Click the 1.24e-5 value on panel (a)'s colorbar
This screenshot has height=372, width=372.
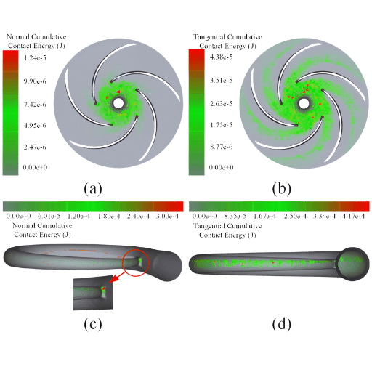click(35, 58)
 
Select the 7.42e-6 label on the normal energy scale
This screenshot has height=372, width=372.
click(35, 105)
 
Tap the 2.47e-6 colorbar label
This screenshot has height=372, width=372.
click(35, 147)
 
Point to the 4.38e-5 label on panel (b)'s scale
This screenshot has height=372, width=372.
click(221, 57)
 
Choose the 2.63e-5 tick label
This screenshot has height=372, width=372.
click(221, 104)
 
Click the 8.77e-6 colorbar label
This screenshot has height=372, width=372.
click(221, 147)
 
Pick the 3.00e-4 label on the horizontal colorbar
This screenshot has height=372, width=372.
click(167, 216)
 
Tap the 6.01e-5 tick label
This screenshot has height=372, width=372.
click(49, 216)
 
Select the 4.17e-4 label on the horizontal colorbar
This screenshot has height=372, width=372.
click(353, 216)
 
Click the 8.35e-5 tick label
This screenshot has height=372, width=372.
click(235, 216)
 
